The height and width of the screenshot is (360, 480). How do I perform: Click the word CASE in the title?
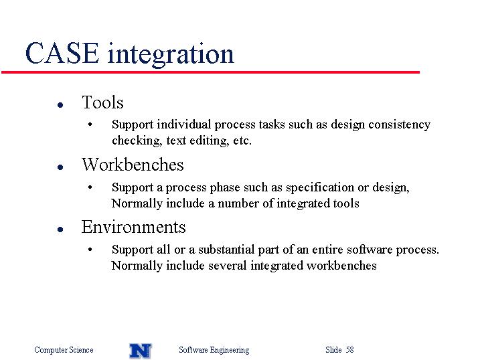click(62, 54)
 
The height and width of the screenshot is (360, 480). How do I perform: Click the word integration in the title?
click(171, 54)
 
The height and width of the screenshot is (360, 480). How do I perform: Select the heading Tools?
click(102, 102)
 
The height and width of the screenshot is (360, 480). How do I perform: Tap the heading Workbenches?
click(133, 165)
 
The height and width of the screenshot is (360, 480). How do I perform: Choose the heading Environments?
click(133, 227)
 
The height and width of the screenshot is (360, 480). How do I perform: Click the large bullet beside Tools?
click(60, 105)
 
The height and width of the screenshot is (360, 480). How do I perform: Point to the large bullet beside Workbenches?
click(60, 167)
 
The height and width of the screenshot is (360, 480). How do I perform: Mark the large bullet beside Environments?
click(60, 230)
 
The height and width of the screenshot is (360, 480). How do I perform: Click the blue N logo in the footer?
click(141, 351)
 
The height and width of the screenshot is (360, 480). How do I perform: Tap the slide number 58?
click(350, 349)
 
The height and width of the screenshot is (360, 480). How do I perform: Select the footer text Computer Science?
click(64, 349)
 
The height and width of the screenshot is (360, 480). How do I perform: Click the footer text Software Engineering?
click(214, 350)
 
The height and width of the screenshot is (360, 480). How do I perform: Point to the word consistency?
click(400, 124)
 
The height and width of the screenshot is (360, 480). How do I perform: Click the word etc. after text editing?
click(242, 141)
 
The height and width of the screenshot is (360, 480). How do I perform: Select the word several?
click(228, 266)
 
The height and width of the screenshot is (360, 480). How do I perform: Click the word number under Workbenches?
click(238, 203)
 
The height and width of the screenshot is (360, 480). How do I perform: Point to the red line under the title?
click(210, 72)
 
